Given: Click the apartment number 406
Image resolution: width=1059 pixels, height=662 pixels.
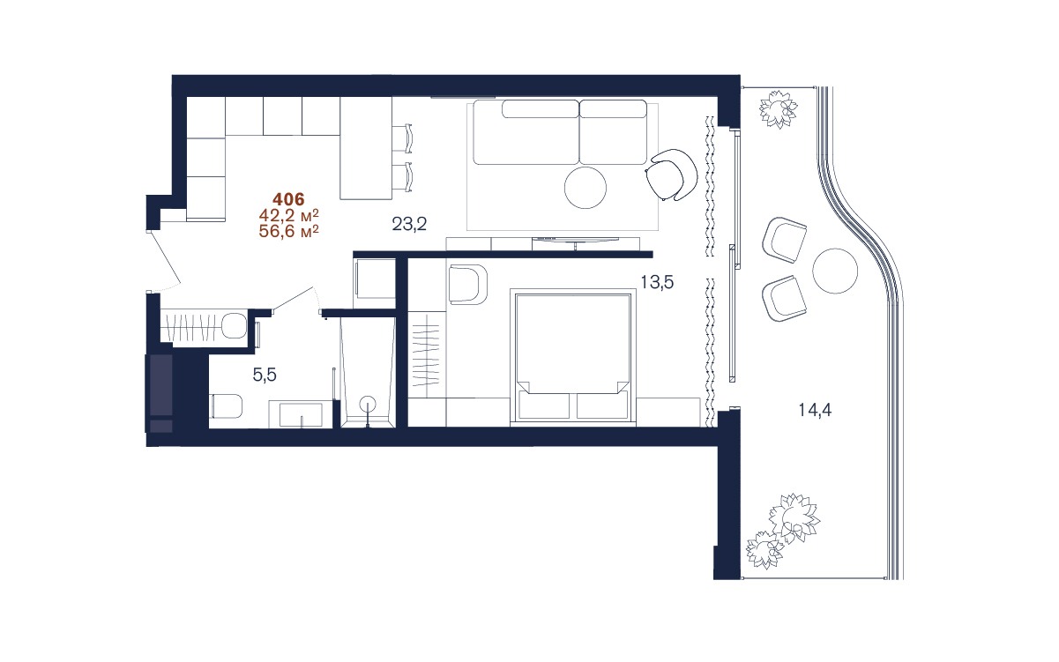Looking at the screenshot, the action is click(288, 200).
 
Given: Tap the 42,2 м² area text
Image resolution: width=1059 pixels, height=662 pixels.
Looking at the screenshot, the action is click(288, 215).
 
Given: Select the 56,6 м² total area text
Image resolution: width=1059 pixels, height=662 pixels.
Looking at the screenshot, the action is click(288, 231).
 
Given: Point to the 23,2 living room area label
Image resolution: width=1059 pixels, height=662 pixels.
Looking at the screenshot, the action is click(409, 224).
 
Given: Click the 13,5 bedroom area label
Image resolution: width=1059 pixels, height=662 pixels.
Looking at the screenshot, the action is click(657, 282).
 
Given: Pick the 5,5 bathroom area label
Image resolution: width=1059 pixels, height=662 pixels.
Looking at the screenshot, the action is click(265, 376).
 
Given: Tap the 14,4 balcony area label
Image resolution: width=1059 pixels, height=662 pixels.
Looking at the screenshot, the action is click(815, 410).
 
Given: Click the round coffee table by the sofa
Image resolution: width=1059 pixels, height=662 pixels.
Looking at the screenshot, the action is click(585, 188).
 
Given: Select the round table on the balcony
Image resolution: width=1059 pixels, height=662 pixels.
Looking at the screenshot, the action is click(835, 271).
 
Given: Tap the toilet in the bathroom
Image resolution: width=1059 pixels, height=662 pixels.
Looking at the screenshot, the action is click(226, 406).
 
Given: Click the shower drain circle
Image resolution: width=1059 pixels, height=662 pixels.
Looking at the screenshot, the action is click(368, 404).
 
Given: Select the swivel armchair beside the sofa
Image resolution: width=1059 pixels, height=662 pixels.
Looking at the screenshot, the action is click(671, 175).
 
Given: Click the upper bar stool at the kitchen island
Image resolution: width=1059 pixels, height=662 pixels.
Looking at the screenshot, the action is click(402, 138).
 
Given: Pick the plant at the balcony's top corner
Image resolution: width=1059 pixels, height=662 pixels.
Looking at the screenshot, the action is click(778, 109).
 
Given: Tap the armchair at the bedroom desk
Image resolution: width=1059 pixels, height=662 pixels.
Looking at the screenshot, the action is click(468, 283).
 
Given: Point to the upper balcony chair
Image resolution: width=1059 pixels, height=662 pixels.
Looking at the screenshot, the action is click(784, 239).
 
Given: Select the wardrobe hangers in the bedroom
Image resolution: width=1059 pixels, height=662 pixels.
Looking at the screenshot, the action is click(427, 353).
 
